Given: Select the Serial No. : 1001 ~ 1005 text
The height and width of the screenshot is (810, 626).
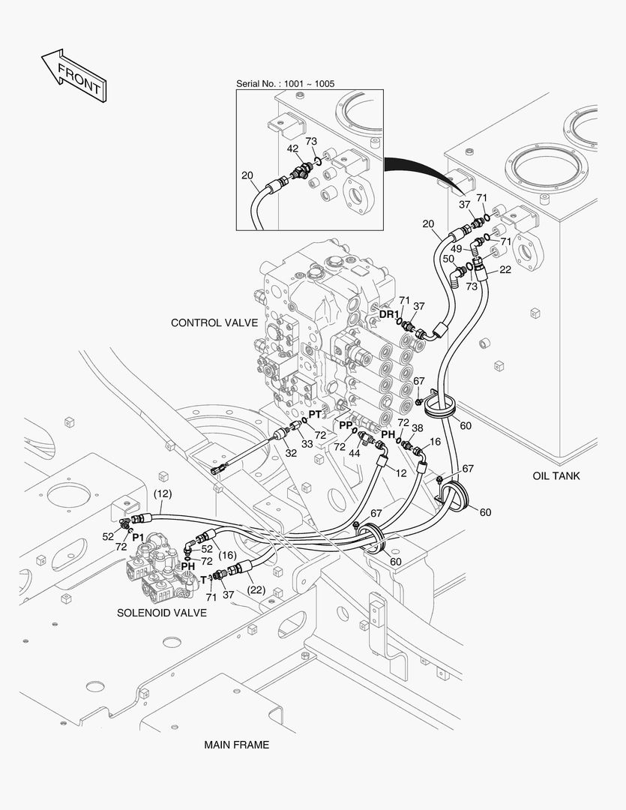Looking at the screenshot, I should [286, 83].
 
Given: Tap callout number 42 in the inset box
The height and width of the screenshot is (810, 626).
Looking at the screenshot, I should [293, 148].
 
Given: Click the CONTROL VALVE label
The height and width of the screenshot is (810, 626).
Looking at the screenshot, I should [214, 323].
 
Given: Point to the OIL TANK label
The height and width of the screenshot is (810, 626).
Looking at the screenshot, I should [556, 475].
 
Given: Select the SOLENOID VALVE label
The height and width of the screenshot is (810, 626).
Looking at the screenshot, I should [162, 613].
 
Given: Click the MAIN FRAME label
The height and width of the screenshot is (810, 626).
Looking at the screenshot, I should [236, 745].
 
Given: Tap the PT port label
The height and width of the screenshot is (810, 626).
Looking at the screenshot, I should [316, 414].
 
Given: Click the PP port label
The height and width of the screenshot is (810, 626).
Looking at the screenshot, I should [346, 424].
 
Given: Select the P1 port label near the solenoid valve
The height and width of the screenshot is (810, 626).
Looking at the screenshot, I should [138, 537].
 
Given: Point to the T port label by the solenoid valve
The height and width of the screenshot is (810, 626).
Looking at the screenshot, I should [202, 580].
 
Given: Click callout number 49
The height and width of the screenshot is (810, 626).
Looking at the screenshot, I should [456, 248].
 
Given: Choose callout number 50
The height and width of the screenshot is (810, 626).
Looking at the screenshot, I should [448, 259].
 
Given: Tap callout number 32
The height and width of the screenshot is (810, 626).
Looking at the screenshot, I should [291, 453].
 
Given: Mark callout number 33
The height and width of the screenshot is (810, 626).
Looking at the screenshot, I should [307, 444].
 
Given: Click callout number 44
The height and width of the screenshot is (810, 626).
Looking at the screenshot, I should [354, 454].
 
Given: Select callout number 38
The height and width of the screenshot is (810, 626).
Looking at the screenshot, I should [417, 429].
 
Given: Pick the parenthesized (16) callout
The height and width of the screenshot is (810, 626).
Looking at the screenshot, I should [227, 555].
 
